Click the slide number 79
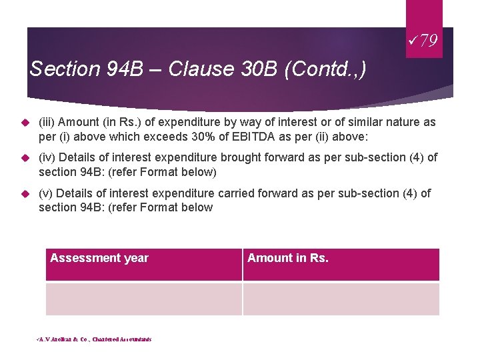[429, 41]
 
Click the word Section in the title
[56, 69]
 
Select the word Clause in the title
[196, 69]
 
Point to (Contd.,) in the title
[325, 69]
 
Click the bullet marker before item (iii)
[25, 123]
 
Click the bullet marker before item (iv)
[25, 158]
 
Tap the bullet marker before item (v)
[25, 194]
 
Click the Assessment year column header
[99, 258]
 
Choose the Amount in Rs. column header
[288, 258]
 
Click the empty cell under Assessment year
[143, 299]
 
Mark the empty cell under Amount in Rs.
[341, 299]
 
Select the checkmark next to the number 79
[416, 41]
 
